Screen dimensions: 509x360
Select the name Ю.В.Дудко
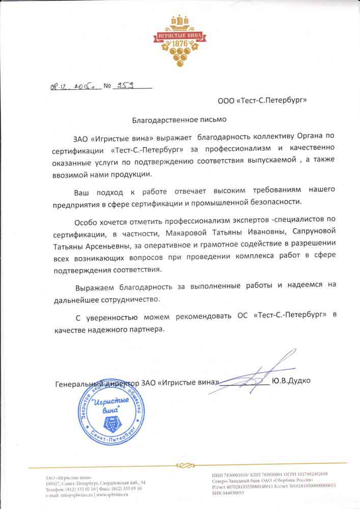(x=291, y=381)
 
